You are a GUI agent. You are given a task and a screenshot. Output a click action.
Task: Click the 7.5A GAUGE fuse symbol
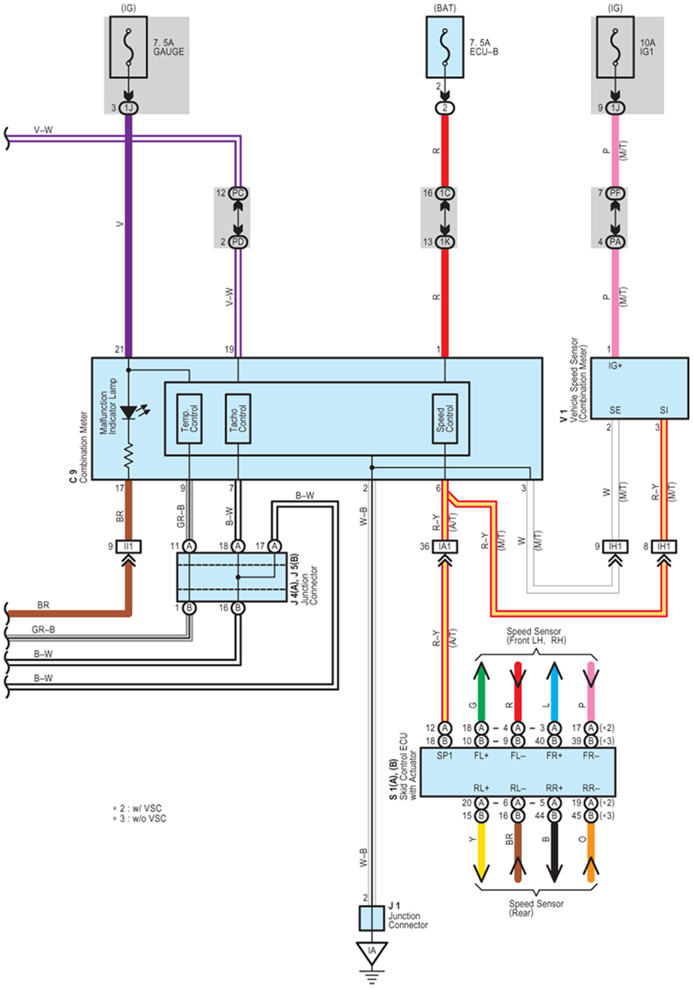point(128,47)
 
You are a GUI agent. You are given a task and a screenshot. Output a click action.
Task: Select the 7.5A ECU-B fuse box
point(444,47)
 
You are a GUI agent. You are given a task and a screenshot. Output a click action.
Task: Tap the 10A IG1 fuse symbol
point(615,47)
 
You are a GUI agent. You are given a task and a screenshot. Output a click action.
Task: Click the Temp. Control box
point(189,418)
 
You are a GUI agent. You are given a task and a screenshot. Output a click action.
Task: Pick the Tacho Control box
point(238,418)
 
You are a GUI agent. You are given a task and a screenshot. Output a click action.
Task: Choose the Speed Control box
point(445,418)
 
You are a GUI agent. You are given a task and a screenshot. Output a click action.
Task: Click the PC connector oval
point(238,193)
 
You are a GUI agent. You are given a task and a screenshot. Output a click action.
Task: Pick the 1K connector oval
point(445,242)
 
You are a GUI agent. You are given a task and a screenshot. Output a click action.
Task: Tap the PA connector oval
point(615,242)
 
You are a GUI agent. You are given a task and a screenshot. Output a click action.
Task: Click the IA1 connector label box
point(445,547)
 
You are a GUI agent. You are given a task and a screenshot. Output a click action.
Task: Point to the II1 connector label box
point(128,547)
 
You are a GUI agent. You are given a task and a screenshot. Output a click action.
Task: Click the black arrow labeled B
point(554,852)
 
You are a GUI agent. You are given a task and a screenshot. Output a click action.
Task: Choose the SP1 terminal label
point(445,756)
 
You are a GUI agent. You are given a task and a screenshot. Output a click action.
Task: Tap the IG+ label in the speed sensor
point(615,366)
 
